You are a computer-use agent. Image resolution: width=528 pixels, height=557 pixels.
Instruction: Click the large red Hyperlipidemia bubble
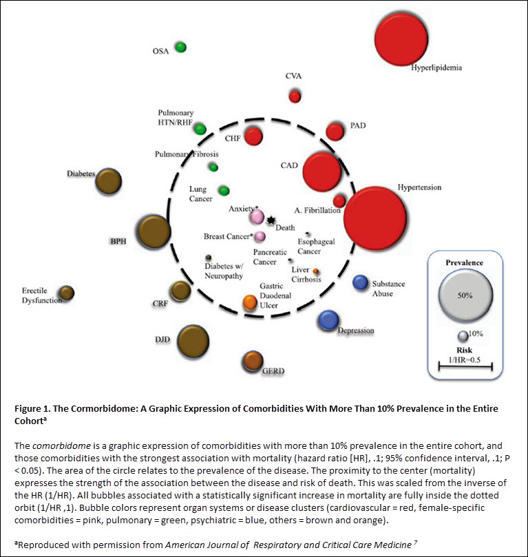(401, 39)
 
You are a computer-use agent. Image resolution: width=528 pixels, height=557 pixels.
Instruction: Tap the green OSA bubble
(181, 48)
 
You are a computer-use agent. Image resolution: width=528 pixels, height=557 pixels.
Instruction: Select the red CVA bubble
(295, 96)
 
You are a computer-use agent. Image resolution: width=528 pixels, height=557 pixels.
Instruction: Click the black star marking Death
(271, 220)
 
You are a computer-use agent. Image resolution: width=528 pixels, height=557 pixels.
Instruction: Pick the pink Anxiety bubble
(257, 217)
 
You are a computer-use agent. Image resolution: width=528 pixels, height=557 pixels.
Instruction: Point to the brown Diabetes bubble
(109, 181)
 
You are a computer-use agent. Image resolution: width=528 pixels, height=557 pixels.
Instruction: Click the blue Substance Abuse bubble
(361, 282)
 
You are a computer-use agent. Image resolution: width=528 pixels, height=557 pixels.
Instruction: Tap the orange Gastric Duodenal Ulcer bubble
(250, 303)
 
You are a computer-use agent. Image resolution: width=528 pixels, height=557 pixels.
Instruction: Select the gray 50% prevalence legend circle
(465, 296)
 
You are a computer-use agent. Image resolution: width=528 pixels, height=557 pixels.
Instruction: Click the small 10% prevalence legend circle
(463, 336)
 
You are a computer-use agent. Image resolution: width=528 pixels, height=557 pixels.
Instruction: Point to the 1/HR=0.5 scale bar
(465, 366)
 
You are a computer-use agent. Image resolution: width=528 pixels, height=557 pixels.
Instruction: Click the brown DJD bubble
(193, 341)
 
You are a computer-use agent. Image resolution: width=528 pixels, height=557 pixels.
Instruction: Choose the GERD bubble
(253, 361)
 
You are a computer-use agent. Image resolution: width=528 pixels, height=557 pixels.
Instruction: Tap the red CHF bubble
(253, 136)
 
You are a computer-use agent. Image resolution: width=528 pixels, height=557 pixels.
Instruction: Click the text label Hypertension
(419, 187)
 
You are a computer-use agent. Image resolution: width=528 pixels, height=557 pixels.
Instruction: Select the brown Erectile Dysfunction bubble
(66, 293)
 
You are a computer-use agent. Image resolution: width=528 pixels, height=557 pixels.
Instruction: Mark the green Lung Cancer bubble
(224, 191)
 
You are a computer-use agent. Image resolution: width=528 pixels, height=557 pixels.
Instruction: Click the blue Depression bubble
(328, 320)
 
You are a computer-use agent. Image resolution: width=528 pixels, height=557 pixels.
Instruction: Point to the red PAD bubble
(335, 132)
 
